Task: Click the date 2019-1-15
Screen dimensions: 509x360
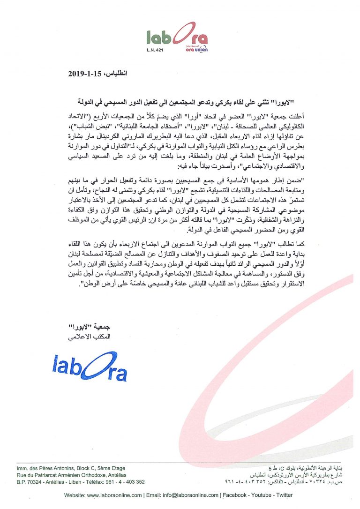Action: (85, 73)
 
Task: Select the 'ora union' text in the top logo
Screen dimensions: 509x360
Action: (196, 49)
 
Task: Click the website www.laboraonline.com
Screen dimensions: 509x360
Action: (114, 495)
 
